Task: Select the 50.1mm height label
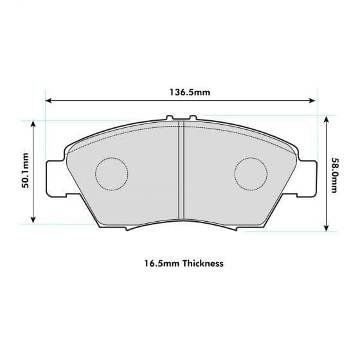point(26,171)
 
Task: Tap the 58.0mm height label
point(335,174)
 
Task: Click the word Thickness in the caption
point(203,263)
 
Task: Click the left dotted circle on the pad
point(112,174)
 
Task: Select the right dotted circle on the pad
point(251,174)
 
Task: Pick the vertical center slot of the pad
point(181,174)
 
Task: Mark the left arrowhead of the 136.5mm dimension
point(48,100)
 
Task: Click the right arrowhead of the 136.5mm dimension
point(314,100)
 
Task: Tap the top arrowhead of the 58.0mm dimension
point(327,120)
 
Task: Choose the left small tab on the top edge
point(169,118)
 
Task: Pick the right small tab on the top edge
point(192,118)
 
